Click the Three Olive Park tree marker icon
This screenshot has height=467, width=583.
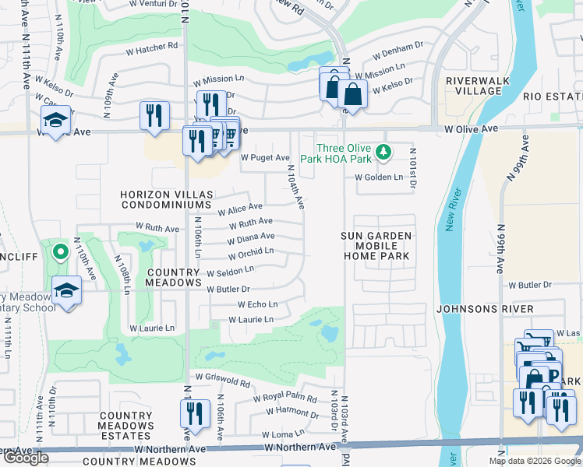click(383, 151)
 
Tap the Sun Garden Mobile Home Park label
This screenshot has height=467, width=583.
click(376, 245)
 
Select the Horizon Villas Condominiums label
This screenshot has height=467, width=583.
click(165, 199)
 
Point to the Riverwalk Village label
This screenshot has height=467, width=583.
click(474, 86)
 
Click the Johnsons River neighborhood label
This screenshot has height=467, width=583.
click(485, 309)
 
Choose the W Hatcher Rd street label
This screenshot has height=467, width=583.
click(151, 47)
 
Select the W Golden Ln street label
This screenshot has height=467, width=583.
click(378, 177)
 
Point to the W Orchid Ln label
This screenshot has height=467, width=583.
click(250, 253)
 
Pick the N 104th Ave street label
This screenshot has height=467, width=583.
click(296, 187)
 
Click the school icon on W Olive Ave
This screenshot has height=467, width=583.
click(55, 121)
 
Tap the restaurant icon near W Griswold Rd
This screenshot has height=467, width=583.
click(196, 413)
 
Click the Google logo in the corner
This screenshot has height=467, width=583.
click(26, 458)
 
